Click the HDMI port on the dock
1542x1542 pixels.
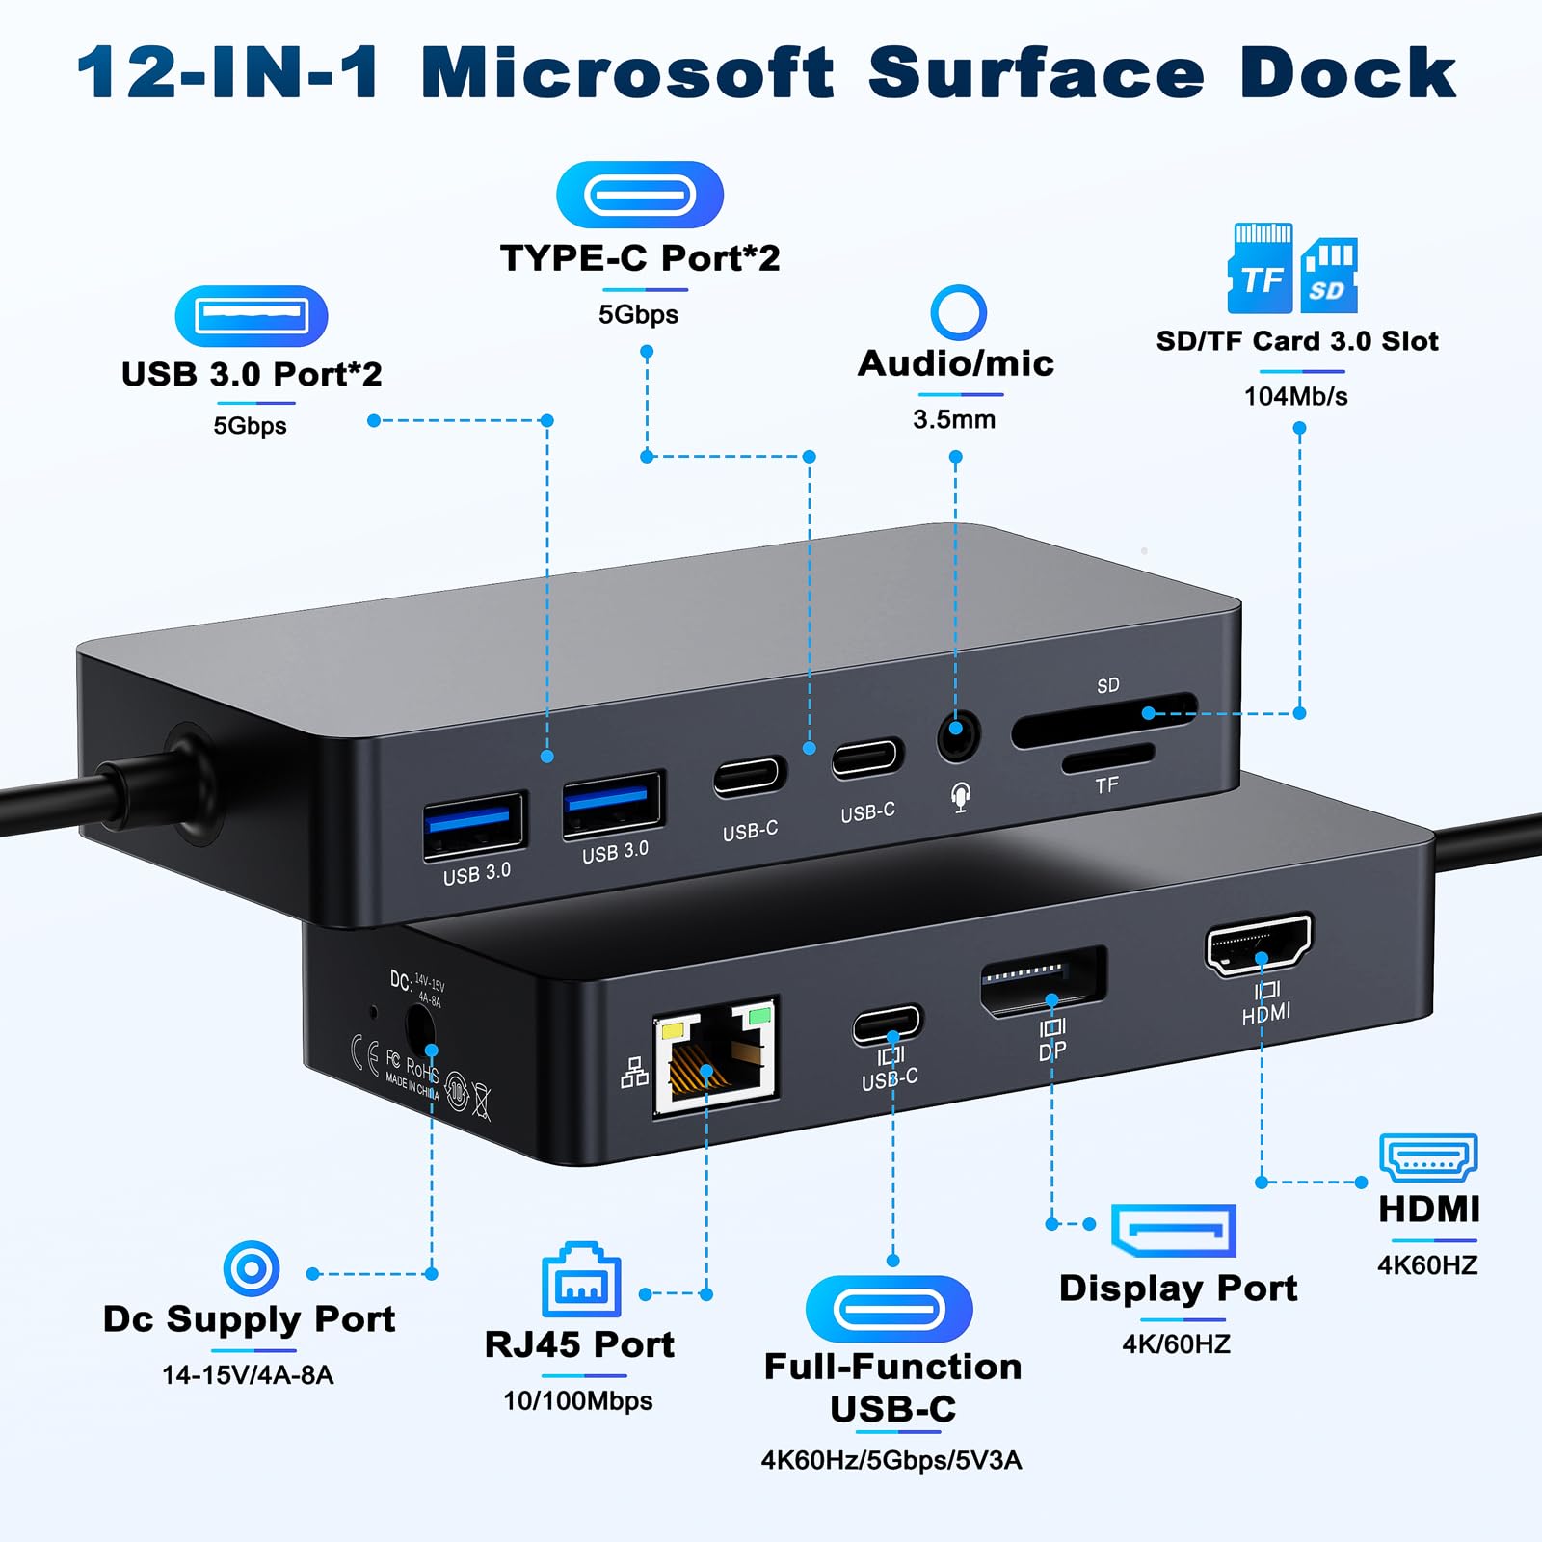pyautogui.click(x=1259, y=943)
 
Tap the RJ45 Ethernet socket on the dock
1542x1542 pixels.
pyautogui.click(x=715, y=1057)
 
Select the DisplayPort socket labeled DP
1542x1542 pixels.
pyautogui.click(x=1043, y=981)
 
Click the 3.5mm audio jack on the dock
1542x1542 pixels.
pyautogui.click(x=958, y=737)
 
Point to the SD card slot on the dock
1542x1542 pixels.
pyautogui.click(x=1103, y=720)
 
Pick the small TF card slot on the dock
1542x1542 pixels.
pyautogui.click(x=1108, y=758)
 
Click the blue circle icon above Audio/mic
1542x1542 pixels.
pyautogui.click(x=958, y=312)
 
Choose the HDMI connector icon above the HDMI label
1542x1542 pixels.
pyautogui.click(x=1428, y=1156)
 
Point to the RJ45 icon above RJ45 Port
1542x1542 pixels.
pyautogui.click(x=581, y=1280)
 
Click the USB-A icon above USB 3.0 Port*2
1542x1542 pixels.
pyautogui.click(x=252, y=316)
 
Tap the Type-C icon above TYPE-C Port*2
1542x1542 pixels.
pyautogui.click(x=640, y=196)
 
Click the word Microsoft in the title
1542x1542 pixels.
pyautogui.click(x=627, y=73)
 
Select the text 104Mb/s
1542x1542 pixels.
pyautogui.click(x=1295, y=396)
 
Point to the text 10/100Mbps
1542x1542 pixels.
pyautogui.click(x=577, y=1400)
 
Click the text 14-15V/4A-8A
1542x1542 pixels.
pyautogui.click(x=248, y=1374)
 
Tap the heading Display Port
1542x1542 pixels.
pyautogui.click(x=1178, y=1289)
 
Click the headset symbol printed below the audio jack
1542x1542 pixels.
pyautogui.click(x=960, y=797)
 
